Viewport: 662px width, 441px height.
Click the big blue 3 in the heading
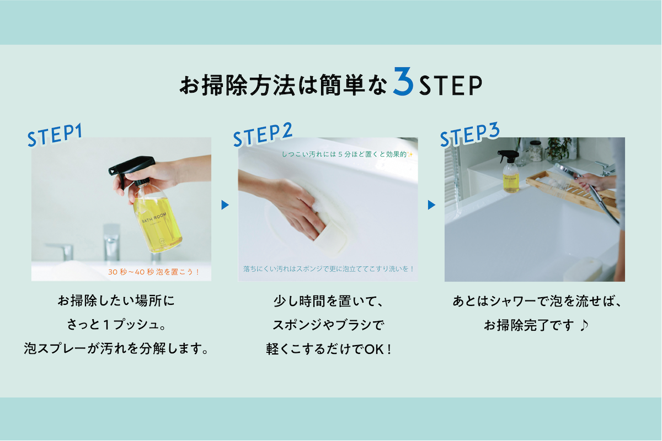tap(403, 81)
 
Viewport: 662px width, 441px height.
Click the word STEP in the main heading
tap(451, 85)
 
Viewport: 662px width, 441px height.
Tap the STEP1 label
tap(55, 135)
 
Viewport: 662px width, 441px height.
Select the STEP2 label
tap(263, 135)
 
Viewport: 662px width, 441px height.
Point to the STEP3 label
tap(470, 135)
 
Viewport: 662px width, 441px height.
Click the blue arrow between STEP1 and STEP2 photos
tap(225, 205)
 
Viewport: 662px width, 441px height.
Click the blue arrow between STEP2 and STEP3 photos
tap(431, 205)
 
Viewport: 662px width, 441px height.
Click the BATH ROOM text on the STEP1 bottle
tap(154, 217)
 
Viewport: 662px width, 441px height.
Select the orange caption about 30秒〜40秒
tap(154, 272)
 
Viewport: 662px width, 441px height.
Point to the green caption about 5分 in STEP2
tap(347, 154)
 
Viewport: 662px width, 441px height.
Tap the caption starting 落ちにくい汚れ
tap(328, 269)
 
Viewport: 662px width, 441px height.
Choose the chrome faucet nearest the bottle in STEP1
tap(111, 243)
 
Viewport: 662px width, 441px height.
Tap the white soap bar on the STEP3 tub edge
tap(583, 269)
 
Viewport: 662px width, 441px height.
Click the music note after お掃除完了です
tap(584, 325)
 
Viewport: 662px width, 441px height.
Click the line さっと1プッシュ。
tap(116, 325)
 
